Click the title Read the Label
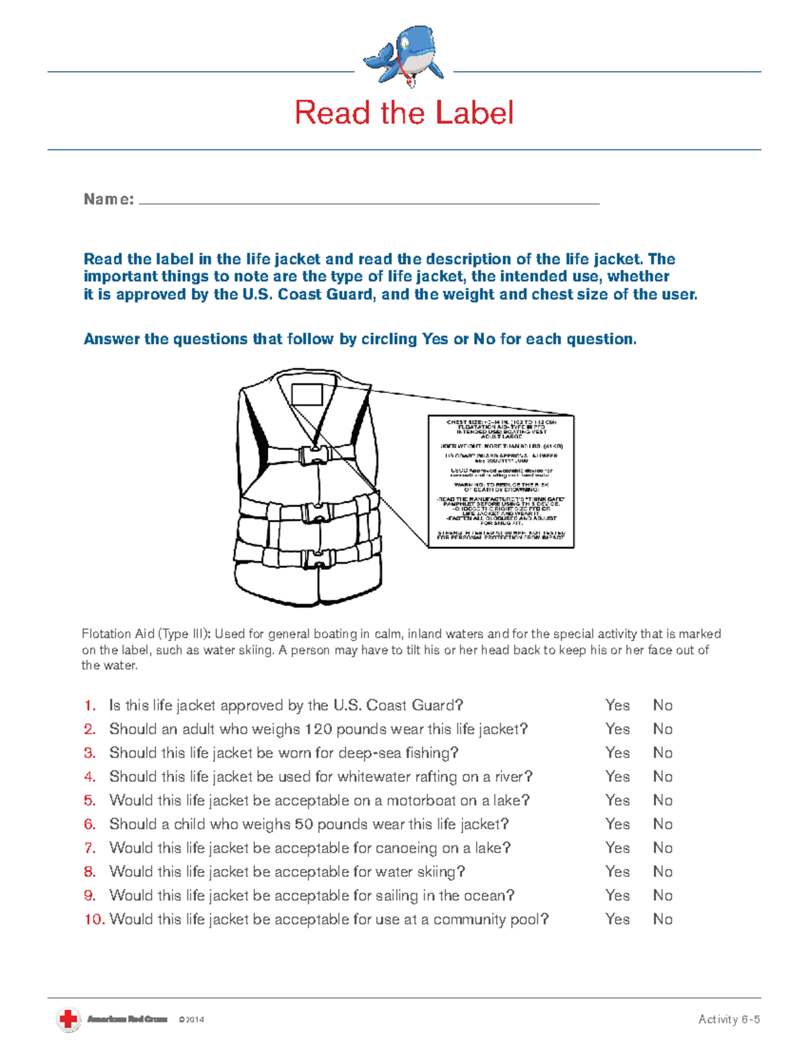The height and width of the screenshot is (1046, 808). [x=404, y=112]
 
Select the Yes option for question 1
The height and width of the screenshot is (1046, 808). [x=617, y=705]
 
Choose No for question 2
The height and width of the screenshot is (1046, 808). [x=663, y=729]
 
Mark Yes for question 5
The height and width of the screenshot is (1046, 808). [x=617, y=800]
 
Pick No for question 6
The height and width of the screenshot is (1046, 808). [x=663, y=824]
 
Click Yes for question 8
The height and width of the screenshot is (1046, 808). [x=617, y=872]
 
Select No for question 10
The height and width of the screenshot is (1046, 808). [x=663, y=919]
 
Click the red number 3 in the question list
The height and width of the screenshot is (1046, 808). [x=90, y=753]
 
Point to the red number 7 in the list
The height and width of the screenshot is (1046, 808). [x=90, y=848]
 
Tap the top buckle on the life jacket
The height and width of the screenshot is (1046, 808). [x=314, y=455]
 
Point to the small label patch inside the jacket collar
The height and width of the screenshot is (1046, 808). [x=307, y=394]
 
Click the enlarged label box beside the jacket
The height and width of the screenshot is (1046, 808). [x=501, y=481]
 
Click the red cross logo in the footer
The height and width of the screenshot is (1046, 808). [x=68, y=1019]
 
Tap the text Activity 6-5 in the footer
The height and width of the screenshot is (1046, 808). [x=729, y=1019]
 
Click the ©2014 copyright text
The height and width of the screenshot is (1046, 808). [x=191, y=1020]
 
